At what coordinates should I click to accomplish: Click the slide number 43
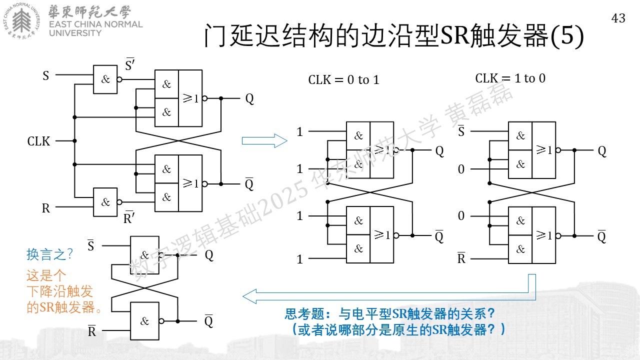click(x=618, y=18)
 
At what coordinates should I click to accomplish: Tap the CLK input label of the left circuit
click(x=38, y=141)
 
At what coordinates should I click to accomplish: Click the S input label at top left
click(x=45, y=75)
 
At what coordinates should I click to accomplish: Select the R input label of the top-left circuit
click(x=46, y=208)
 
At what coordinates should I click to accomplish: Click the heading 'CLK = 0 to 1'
click(x=343, y=79)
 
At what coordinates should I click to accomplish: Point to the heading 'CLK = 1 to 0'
click(x=510, y=78)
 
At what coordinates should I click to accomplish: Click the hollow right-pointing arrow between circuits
click(x=264, y=141)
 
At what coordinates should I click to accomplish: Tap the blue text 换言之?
click(x=49, y=254)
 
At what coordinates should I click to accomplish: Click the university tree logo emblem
click(x=21, y=20)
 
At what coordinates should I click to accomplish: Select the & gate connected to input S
click(x=105, y=79)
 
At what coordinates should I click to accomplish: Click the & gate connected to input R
click(x=105, y=202)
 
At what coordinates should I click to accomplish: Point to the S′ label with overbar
click(x=130, y=64)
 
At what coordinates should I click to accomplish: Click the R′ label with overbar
click(x=129, y=217)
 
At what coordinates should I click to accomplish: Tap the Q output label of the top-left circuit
click(x=249, y=99)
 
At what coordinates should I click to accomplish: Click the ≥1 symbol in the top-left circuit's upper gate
click(x=190, y=98)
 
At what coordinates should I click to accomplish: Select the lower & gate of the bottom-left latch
click(x=144, y=321)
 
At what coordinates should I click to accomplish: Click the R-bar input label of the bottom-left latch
click(x=91, y=331)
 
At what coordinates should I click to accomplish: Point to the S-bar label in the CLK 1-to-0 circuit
click(x=461, y=131)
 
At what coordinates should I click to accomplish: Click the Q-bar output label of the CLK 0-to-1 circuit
click(x=439, y=236)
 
